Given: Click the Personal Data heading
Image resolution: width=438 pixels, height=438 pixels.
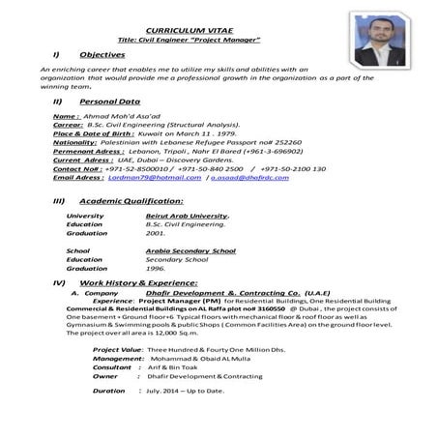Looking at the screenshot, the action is [x=106, y=101].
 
